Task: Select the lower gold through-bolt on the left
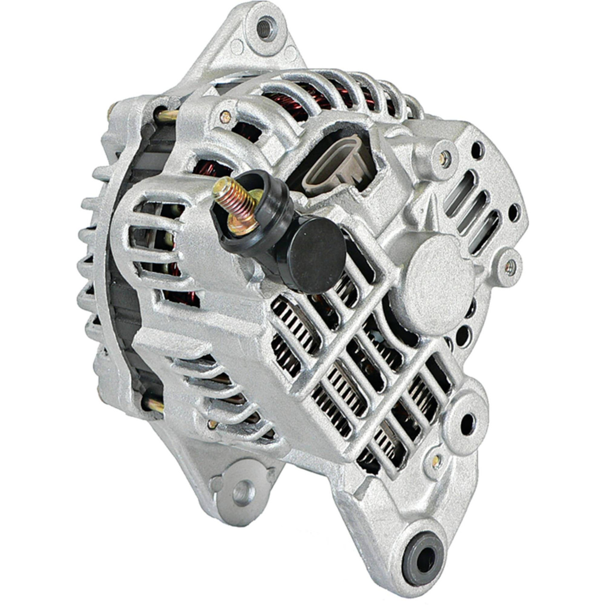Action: point(152,404)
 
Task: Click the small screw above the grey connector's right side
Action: point(444,157)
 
